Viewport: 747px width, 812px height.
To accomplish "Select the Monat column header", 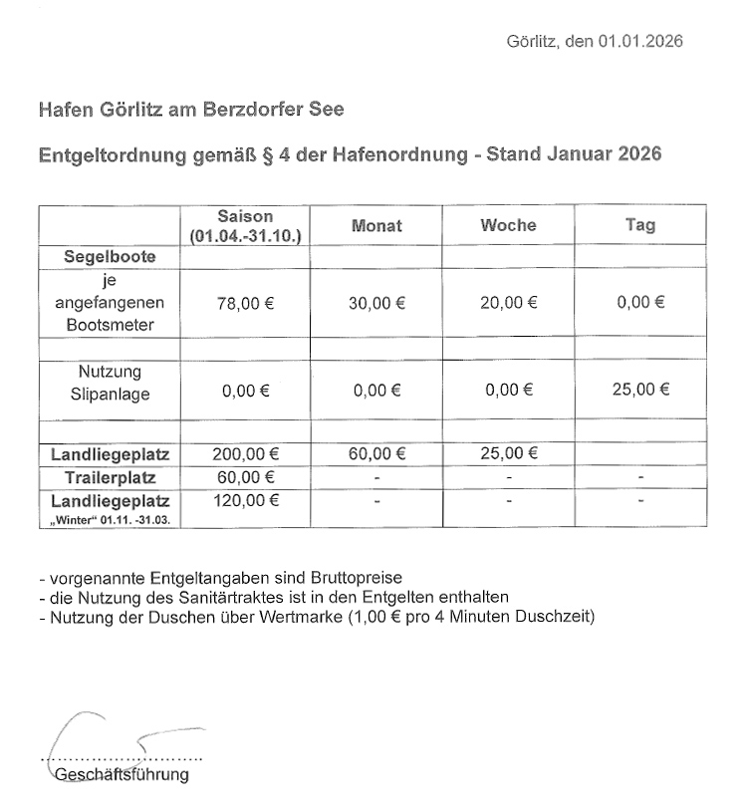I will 376,225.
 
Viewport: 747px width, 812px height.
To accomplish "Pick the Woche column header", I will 508,225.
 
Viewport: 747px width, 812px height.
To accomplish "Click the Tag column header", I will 640,225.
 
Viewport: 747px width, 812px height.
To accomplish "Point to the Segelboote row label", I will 110,256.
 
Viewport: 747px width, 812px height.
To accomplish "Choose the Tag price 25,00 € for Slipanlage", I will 640,390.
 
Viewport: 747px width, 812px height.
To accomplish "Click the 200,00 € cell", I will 244,454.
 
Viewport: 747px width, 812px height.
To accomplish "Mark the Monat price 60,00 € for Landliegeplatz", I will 376,454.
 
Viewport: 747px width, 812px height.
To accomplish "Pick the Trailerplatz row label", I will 110,478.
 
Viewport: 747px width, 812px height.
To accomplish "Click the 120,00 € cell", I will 244,500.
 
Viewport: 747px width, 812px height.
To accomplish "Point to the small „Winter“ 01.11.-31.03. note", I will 110,519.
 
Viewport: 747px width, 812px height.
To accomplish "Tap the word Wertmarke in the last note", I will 324,617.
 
